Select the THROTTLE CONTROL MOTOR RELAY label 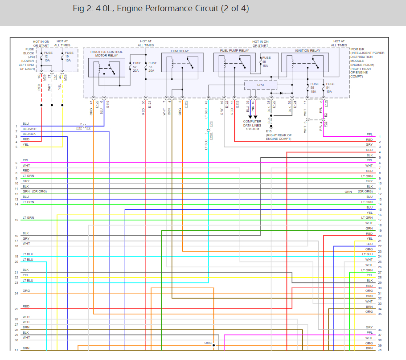(x=106, y=54)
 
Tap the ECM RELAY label (x=180, y=51)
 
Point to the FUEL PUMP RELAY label (x=234, y=51)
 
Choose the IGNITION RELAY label (x=308, y=51)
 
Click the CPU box (x=261, y=84)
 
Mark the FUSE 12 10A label (x=47, y=56)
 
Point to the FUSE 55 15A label (x=315, y=87)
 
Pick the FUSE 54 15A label (x=330, y=87)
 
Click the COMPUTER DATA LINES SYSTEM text (x=252, y=125)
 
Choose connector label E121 (x=150, y=105)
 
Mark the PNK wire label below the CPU (x=253, y=109)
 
